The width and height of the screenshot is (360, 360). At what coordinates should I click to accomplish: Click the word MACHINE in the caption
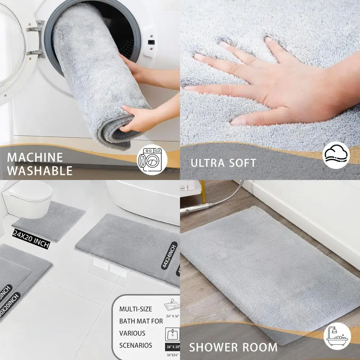tap(35, 157)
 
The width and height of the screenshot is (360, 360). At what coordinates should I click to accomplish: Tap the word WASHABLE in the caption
tap(40, 170)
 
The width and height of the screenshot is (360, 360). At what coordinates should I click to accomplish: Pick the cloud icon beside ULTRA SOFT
tap(336, 155)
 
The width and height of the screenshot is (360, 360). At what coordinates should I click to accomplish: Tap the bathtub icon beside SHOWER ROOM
tap(337, 336)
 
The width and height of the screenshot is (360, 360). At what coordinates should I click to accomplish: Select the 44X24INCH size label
tap(169, 255)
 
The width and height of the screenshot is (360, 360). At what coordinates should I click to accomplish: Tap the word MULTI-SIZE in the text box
tap(136, 309)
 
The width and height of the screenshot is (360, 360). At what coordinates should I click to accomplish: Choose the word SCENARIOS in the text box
tap(136, 345)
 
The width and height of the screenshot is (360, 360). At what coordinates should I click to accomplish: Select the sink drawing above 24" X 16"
tap(172, 305)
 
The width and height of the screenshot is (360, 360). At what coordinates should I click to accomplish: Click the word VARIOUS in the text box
tap(132, 333)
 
